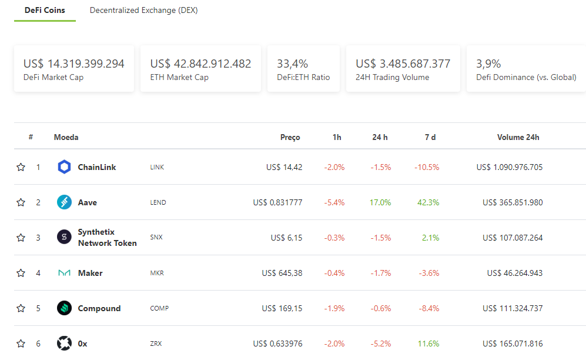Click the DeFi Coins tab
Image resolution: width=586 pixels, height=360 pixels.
point(45,11)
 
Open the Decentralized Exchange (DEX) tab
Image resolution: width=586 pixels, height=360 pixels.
point(143,11)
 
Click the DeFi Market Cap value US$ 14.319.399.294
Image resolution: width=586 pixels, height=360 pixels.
point(74,64)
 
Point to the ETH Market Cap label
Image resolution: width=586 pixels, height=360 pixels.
point(179,77)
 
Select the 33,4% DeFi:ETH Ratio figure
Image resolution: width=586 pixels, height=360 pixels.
point(292,64)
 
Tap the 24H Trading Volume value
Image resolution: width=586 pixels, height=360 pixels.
point(403,64)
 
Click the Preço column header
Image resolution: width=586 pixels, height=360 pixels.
point(290,137)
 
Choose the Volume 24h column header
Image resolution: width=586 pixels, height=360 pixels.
point(518,137)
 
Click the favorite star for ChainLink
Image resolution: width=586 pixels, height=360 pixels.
point(21,167)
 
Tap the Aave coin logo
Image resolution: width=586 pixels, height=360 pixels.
point(64,202)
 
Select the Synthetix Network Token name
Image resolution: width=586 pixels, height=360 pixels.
point(107,238)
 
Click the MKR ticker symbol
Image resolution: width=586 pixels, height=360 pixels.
point(157,273)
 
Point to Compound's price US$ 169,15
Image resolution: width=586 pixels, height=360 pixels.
point(282,308)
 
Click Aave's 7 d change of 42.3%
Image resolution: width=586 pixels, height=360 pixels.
point(428,202)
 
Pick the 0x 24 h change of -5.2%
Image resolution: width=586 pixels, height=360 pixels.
point(380,344)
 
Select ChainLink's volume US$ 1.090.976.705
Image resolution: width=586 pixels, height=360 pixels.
point(509,167)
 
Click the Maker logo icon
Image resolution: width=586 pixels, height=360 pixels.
point(64,273)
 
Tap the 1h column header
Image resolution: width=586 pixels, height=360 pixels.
point(337,137)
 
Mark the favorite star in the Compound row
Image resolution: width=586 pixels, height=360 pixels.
point(21,308)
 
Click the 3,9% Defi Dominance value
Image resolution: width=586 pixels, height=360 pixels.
point(488,64)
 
